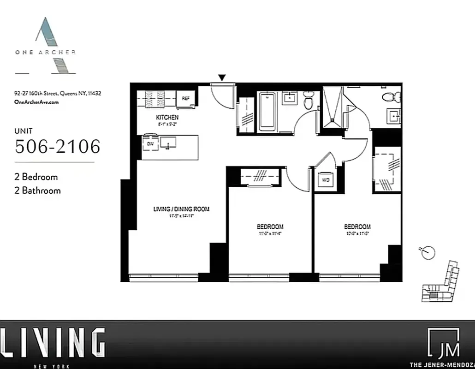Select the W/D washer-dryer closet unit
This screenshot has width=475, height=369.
click(326, 180)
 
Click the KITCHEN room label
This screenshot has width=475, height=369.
click(167, 118)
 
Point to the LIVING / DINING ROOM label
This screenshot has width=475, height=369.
click(181, 209)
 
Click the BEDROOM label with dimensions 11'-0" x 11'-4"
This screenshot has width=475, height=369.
click(270, 226)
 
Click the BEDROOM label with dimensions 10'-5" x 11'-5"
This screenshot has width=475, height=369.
click(357, 226)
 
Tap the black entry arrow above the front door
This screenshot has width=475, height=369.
click(222, 78)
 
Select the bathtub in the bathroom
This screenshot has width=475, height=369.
click(267, 112)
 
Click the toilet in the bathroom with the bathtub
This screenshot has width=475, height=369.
click(309, 100)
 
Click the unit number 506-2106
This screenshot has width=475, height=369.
click(58, 146)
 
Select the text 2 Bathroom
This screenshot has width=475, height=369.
click(38, 190)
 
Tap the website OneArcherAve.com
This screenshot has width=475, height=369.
click(36, 102)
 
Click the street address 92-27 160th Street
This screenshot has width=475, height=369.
click(58, 93)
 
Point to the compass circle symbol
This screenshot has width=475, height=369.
click(428, 252)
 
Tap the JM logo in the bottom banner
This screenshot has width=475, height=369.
click(443, 344)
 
